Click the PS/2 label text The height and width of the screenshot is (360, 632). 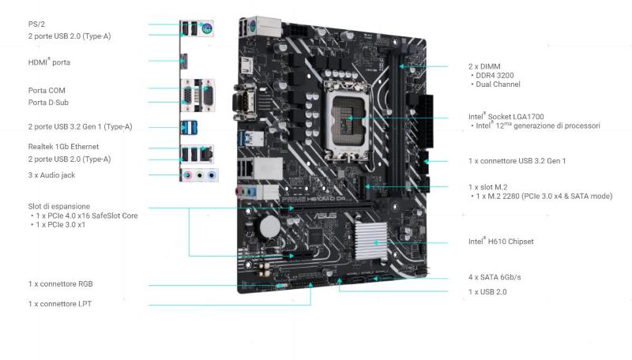36,24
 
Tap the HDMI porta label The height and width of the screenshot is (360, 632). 49,62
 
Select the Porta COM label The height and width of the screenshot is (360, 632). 47,91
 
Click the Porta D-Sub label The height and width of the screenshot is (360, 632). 48,103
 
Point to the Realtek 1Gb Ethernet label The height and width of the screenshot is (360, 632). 63,147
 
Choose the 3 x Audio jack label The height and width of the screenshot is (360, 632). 51,175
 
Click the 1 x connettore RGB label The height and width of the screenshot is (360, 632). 61,284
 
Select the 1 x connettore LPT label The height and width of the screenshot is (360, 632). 60,304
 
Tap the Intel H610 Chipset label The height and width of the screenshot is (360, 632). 501,242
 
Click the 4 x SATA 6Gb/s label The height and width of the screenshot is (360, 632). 495,277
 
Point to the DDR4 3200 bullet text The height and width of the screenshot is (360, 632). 495,75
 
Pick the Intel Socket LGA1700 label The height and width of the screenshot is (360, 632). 506,116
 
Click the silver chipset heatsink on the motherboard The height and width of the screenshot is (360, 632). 371,241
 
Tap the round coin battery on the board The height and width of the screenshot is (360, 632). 270,227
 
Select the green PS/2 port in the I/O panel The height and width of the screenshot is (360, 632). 207,28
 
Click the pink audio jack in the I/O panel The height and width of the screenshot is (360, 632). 187,175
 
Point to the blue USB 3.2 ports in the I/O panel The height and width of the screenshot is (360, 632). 189,127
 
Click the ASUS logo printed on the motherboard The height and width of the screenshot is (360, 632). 325,216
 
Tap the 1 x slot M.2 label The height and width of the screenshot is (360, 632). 487,187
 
